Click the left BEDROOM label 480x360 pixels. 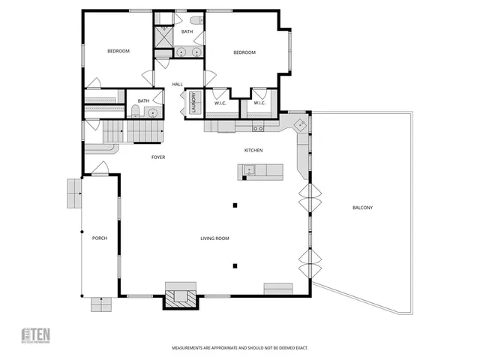(118, 51)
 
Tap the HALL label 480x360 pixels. (178, 84)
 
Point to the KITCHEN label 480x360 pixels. (253, 151)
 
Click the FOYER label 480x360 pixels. (158, 157)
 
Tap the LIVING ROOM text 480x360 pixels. (214, 238)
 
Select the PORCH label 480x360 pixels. (100, 238)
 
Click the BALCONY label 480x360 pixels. (362, 208)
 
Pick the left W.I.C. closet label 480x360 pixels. (220, 103)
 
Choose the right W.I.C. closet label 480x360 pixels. (259, 103)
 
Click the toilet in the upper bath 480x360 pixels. (195, 21)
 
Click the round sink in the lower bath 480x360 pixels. (152, 112)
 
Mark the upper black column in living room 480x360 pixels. (235, 205)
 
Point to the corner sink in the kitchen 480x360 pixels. (298, 124)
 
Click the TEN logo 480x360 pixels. (37, 334)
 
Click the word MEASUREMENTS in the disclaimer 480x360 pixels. (188, 348)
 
